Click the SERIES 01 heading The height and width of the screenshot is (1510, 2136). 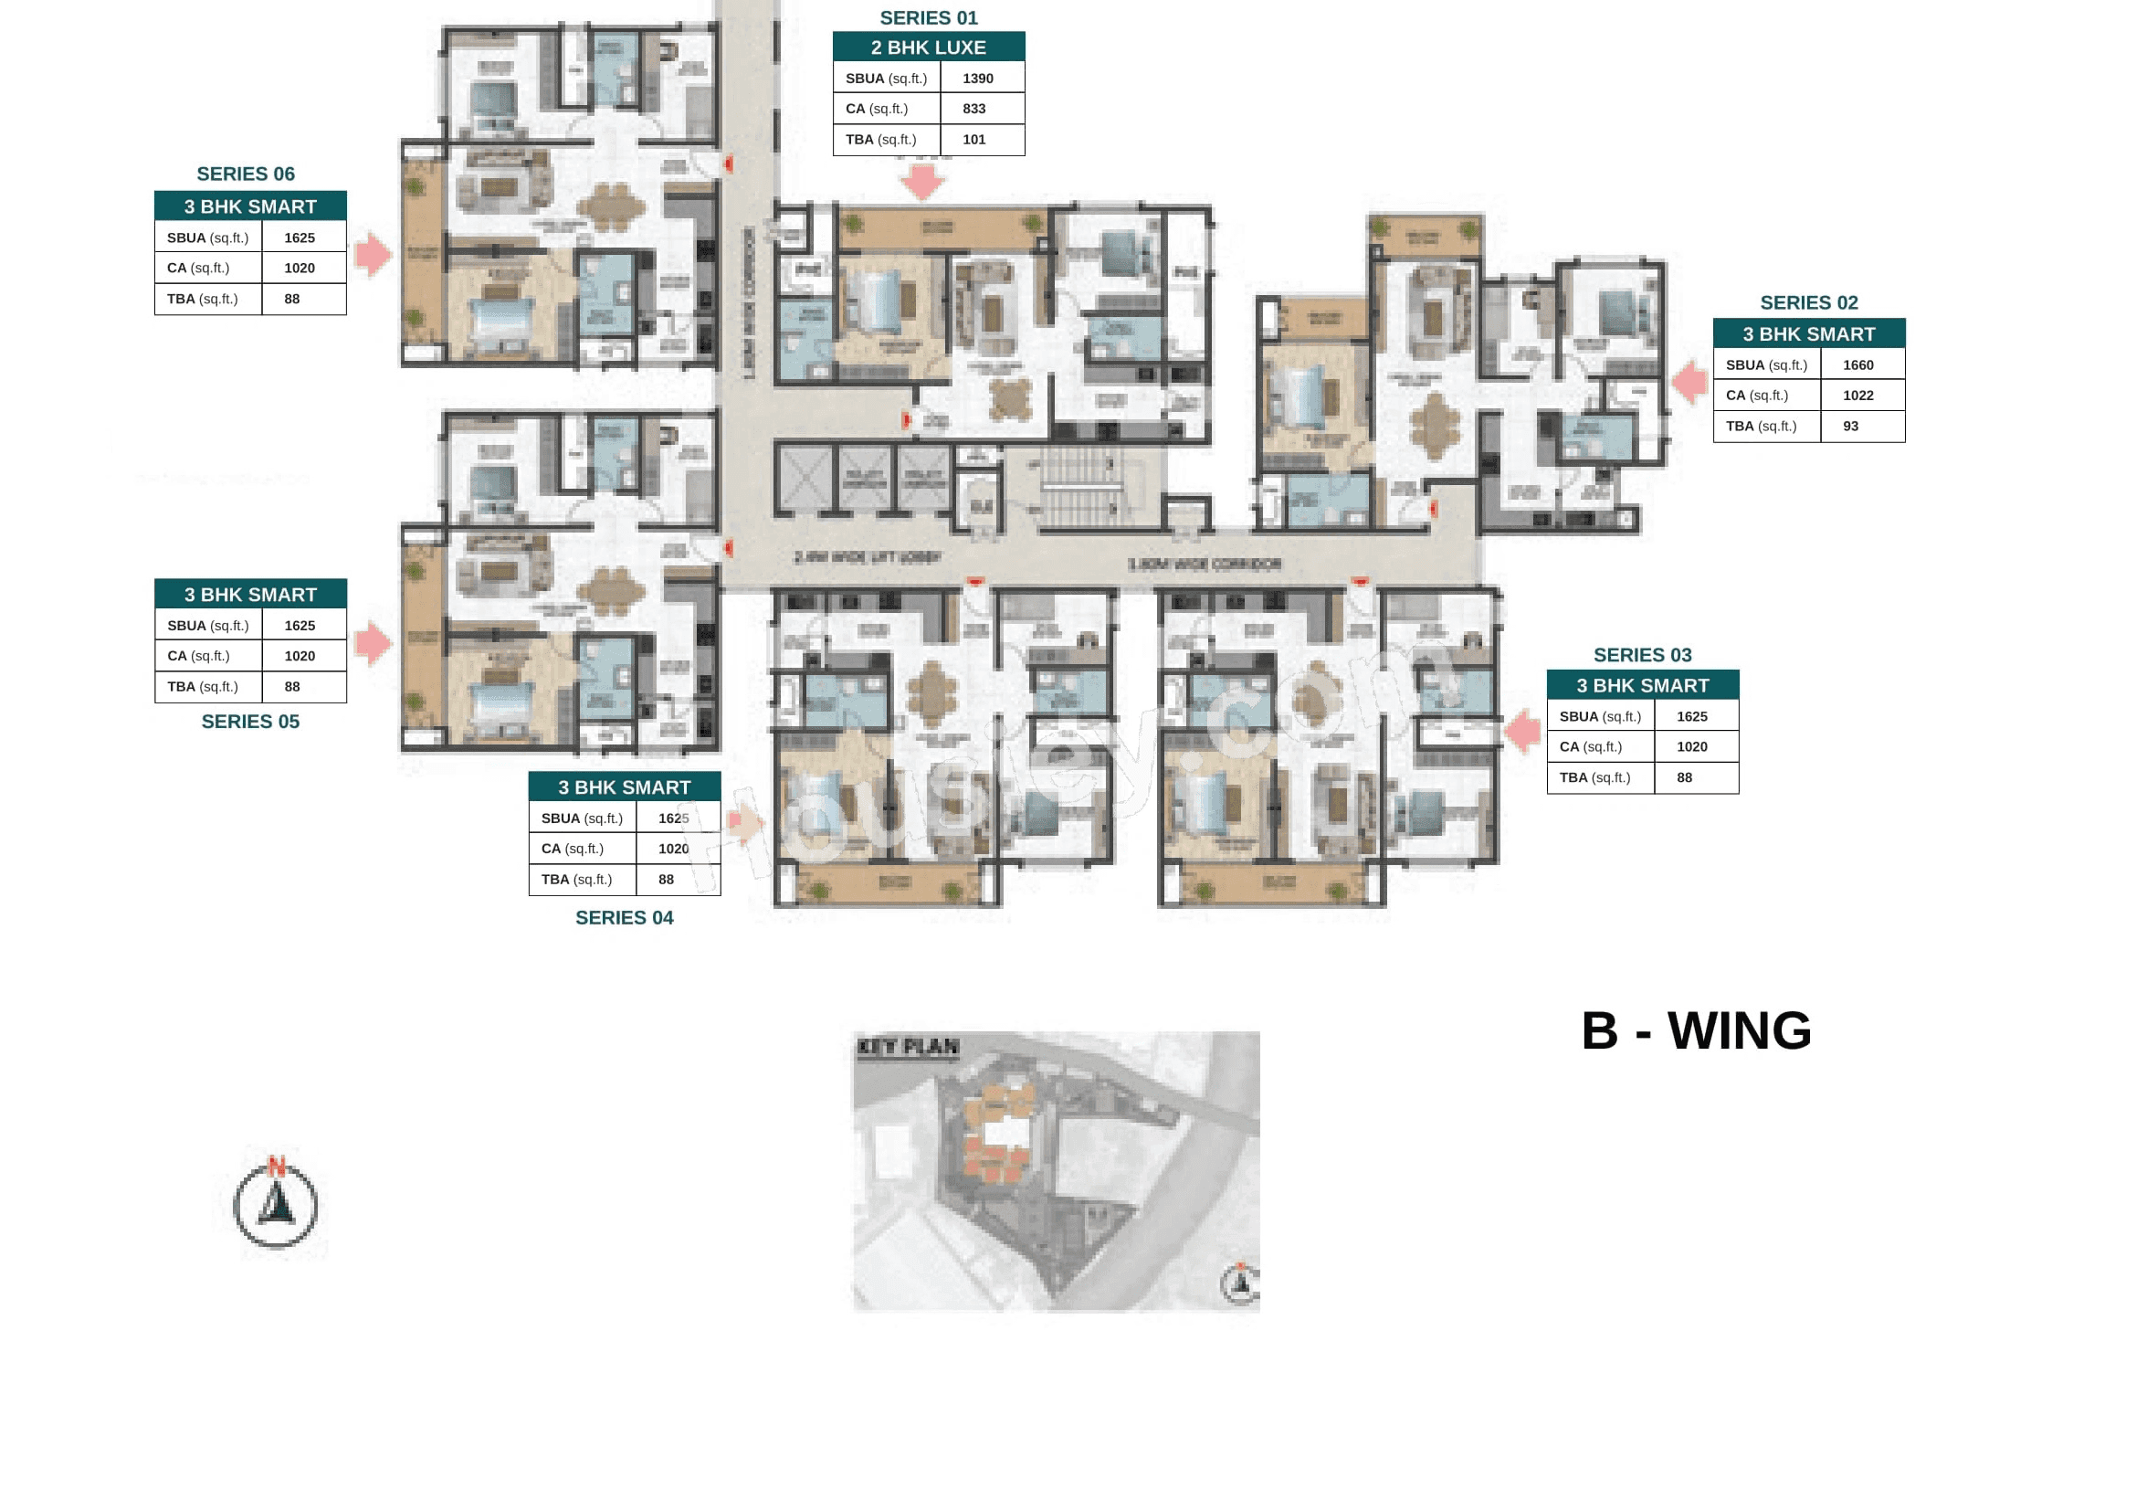coord(929,17)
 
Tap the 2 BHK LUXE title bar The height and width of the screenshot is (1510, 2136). coord(929,48)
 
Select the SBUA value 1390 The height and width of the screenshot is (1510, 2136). coord(978,79)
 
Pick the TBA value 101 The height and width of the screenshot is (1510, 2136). coord(974,140)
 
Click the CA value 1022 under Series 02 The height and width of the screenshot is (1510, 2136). coord(1857,396)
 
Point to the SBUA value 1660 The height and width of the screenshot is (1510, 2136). coord(1857,365)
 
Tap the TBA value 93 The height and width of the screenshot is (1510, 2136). coord(1850,426)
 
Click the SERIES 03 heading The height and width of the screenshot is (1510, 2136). coord(1642,655)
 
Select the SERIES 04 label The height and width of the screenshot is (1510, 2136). coord(625,917)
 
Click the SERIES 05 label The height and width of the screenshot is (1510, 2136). coord(250,721)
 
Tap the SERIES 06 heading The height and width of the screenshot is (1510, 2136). coord(246,174)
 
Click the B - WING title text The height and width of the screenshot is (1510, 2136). coord(1696,1030)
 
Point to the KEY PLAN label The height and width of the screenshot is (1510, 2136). coord(907,1047)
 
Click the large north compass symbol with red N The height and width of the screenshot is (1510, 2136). coord(276,1205)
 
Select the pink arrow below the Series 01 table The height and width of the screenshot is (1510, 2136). coord(924,181)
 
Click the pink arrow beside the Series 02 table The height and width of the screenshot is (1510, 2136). coord(1689,382)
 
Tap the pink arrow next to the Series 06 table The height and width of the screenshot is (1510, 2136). coord(374,254)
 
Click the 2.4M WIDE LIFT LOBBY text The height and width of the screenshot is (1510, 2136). coord(867,557)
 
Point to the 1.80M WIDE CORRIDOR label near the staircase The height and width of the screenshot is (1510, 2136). coord(1204,564)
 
